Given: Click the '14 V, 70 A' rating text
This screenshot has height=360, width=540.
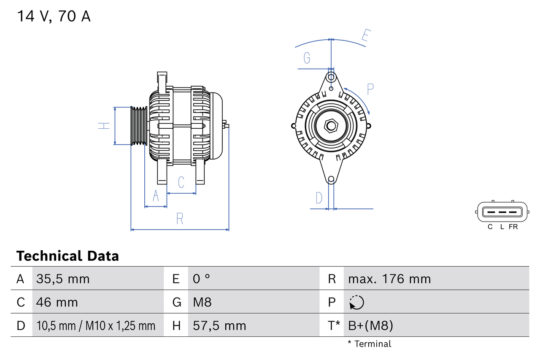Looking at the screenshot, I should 54,16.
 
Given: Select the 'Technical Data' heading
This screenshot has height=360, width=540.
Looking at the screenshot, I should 67,256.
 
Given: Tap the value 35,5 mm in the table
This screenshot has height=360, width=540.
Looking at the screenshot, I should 63,279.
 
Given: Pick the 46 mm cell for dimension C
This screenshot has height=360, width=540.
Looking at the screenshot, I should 57,302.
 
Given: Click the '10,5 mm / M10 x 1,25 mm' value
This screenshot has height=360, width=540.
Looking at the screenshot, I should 96,325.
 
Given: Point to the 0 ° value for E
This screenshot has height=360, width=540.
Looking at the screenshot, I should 201,279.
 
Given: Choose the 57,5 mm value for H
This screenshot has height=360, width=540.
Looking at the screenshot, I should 219,325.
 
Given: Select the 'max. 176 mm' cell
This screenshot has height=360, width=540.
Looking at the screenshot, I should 389,279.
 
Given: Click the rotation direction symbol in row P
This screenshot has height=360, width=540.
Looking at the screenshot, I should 356,302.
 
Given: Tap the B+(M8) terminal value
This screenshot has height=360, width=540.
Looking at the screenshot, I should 370,325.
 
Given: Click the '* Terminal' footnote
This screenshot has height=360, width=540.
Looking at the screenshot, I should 369,344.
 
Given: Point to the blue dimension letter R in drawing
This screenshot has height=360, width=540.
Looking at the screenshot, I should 180,219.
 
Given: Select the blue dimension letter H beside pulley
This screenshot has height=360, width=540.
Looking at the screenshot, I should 104,126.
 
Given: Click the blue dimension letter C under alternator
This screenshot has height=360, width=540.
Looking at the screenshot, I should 181,182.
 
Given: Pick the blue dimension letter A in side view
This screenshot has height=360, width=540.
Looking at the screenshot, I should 156,196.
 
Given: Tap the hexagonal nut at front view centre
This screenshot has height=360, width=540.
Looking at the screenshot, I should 331,126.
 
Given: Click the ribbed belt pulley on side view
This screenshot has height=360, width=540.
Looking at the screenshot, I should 138,126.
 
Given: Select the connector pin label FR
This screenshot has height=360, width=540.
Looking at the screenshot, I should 513,227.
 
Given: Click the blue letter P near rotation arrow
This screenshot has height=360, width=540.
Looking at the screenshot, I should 370,89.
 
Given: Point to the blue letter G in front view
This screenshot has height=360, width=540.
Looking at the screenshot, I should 307,58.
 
